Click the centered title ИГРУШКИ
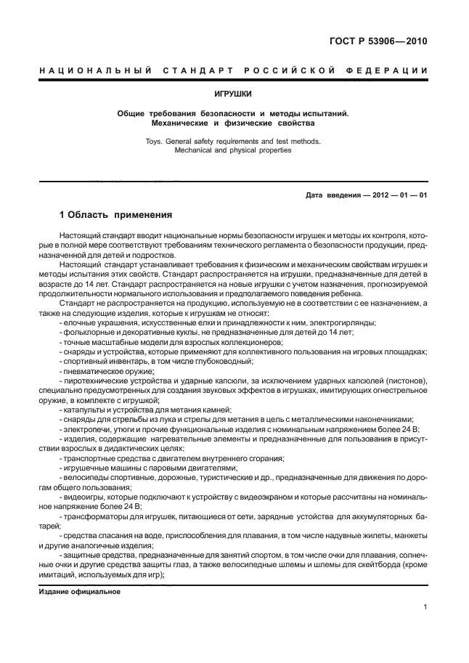pyautogui.click(x=234, y=94)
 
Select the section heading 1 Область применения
pyautogui.click(x=115, y=215)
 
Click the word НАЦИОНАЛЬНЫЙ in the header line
pyautogui.click(x=94, y=70)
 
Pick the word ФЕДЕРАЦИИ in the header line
pyautogui.click(x=389, y=70)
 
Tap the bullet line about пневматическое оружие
pyautogui.click(x=109, y=370)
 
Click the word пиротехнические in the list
pyautogui.click(x=99, y=380)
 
